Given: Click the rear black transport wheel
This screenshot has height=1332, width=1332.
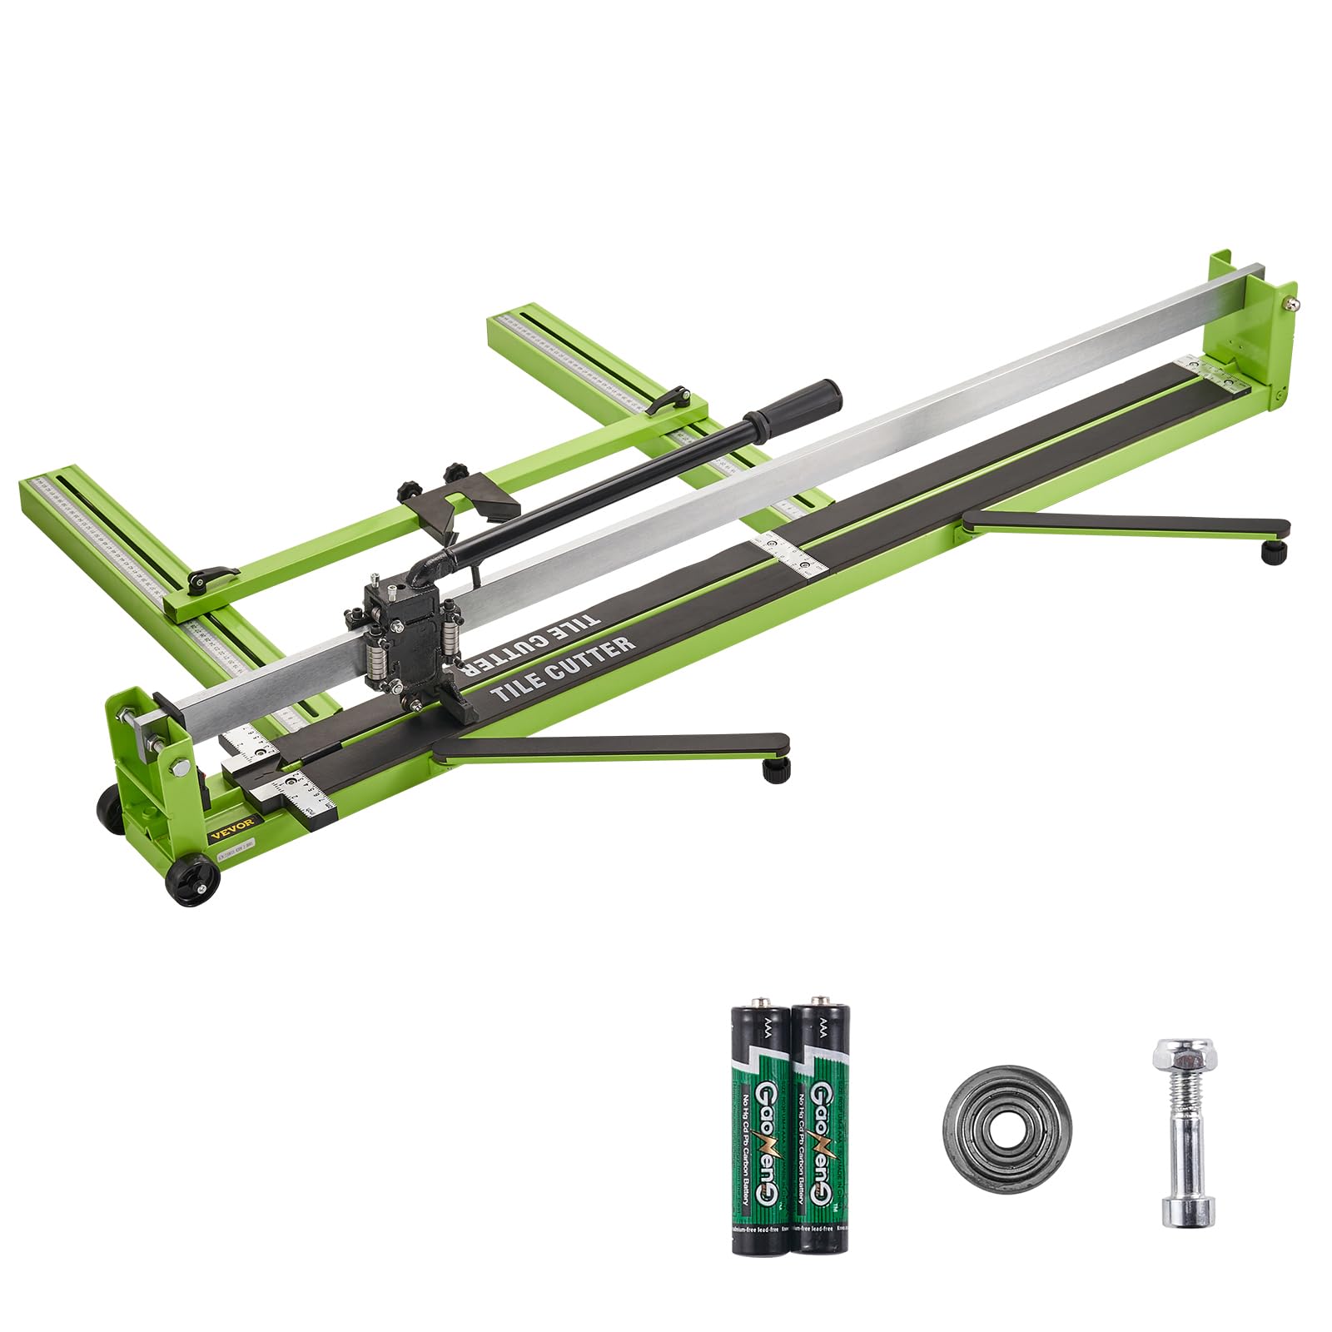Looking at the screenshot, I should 109,807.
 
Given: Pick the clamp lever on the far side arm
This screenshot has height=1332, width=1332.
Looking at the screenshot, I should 669,399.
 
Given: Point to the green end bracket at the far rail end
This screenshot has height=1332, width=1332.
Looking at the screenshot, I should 1257,333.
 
